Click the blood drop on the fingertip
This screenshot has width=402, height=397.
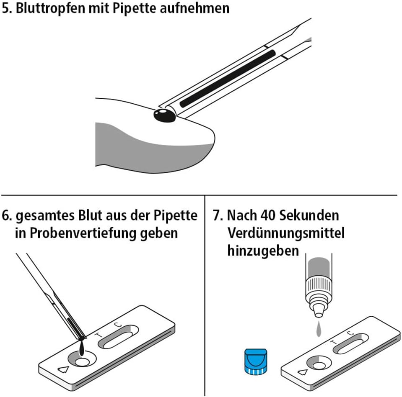165,115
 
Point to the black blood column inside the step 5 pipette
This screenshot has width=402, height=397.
228,78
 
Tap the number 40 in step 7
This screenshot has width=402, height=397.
268,215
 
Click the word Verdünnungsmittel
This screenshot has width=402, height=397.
286,233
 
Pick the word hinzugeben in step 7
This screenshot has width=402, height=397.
263,251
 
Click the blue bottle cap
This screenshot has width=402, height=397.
256,361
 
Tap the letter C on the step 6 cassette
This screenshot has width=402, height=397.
117,325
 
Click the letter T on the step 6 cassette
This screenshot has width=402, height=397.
98,335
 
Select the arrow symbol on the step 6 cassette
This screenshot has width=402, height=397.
63,369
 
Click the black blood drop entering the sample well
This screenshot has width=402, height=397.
82,348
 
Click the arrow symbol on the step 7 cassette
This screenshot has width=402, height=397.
303,371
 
